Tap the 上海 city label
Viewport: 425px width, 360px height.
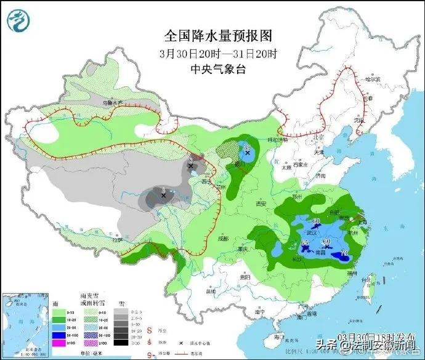click(x=362, y=222)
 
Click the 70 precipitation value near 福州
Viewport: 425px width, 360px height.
click(x=344, y=253)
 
